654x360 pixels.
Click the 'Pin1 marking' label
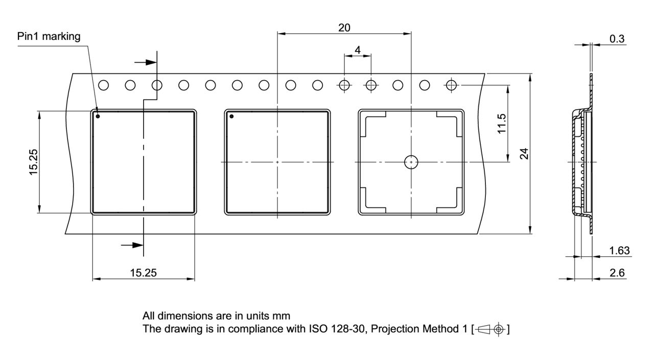(x=49, y=37)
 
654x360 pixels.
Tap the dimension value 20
(x=344, y=28)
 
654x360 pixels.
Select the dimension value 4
(x=357, y=50)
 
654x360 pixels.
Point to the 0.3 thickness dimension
(x=617, y=39)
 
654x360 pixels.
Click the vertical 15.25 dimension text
(x=34, y=162)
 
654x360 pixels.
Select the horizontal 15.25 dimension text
(x=144, y=273)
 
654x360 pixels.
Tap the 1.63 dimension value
(x=620, y=251)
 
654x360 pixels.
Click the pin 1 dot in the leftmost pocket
(x=98, y=116)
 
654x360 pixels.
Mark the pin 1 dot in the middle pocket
(x=231, y=116)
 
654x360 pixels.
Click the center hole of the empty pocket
(x=411, y=162)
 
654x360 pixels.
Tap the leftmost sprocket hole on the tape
(x=103, y=85)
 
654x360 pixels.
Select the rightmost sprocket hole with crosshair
(x=451, y=85)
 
